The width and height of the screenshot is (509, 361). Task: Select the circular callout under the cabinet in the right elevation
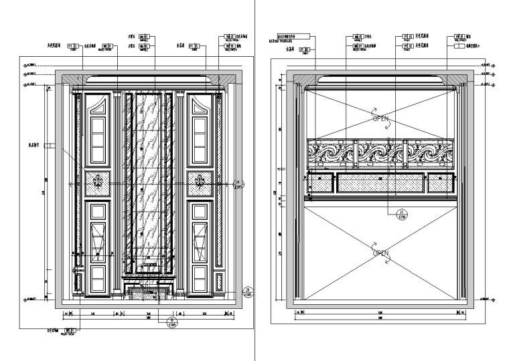(x=402, y=214)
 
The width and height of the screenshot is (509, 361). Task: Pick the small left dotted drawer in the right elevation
(x=322, y=180)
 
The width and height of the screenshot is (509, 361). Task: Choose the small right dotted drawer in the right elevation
(x=440, y=180)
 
